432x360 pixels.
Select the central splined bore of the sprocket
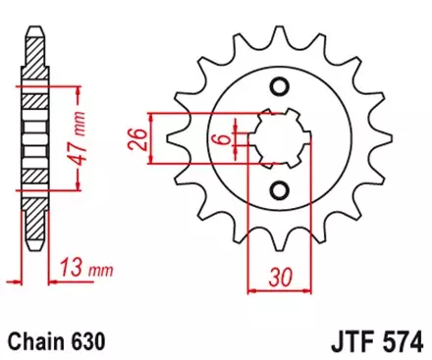pos(279,140)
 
